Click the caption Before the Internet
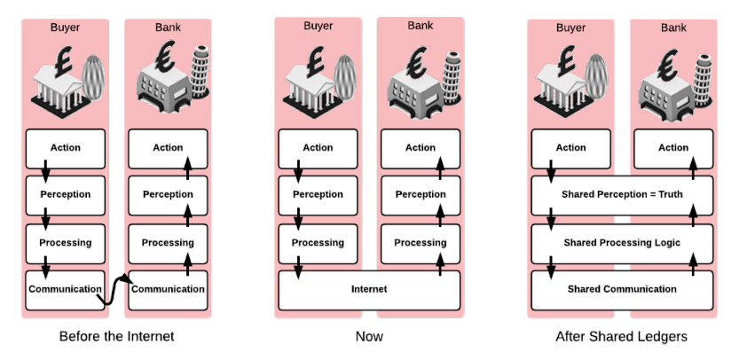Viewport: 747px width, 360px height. click(x=117, y=337)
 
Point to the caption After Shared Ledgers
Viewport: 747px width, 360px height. click(x=621, y=337)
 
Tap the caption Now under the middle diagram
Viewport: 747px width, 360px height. click(x=369, y=337)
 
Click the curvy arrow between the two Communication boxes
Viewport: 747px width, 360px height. click(x=114, y=290)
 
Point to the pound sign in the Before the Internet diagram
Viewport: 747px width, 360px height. click(x=63, y=61)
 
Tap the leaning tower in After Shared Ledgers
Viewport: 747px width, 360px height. click(x=703, y=80)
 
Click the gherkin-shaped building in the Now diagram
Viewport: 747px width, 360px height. click(x=345, y=77)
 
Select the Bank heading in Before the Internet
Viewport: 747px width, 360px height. click(x=168, y=27)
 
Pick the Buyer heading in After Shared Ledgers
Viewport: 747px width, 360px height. click(x=570, y=27)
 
